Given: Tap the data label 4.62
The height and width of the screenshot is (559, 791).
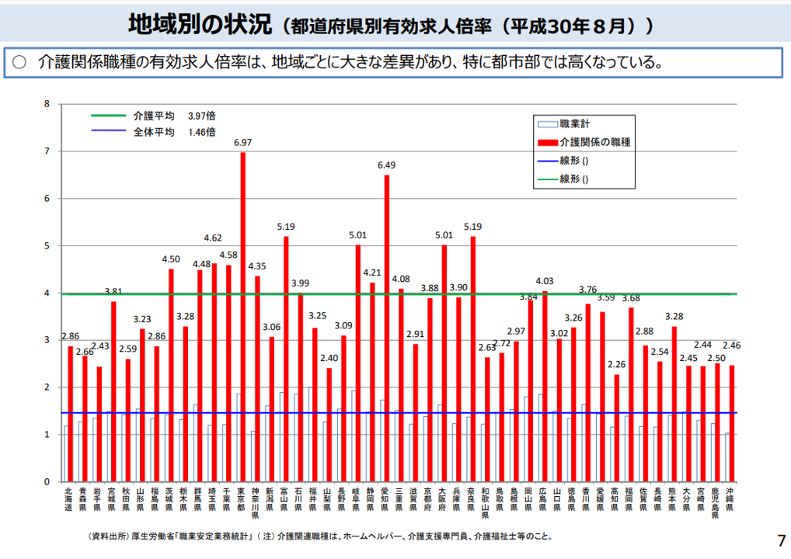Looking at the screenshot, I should [x=214, y=238].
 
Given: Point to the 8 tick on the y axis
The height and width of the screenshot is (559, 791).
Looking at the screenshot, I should [x=47, y=104].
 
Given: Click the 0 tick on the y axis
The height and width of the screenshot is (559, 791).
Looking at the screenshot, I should [x=47, y=481].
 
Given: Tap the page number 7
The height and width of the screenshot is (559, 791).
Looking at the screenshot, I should [x=781, y=540].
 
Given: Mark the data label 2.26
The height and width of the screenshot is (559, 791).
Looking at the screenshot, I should [x=616, y=364].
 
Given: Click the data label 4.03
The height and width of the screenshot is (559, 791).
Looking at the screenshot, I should [x=545, y=281].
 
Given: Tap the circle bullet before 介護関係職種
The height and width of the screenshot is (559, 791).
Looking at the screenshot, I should [x=19, y=62].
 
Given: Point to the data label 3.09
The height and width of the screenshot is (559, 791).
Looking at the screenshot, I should [x=343, y=325].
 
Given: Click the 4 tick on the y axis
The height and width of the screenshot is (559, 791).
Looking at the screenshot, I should [x=47, y=293].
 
